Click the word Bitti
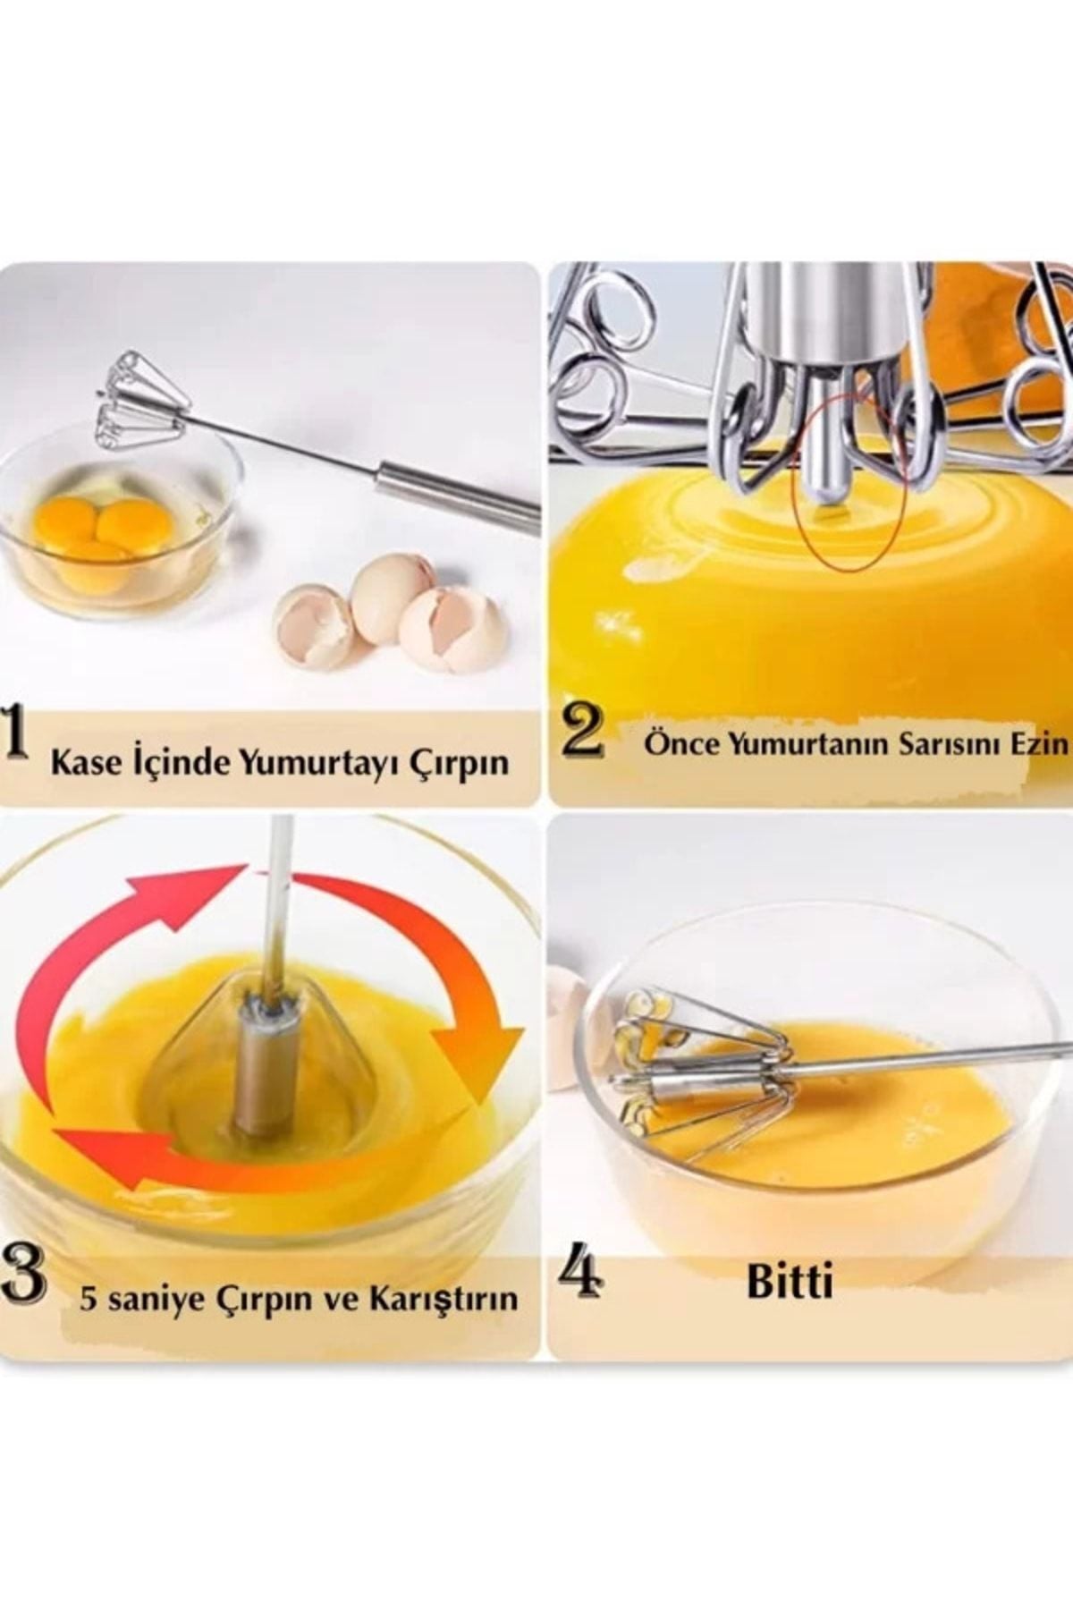click(x=790, y=1282)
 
